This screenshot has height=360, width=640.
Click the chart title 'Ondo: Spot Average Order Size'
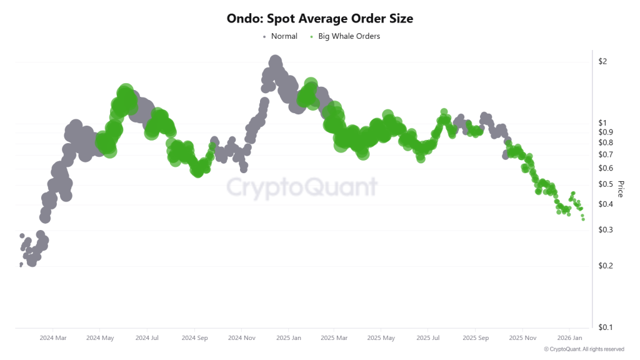click(319, 19)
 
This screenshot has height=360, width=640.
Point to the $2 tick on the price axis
click(603, 61)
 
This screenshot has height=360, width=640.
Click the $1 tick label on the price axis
click(603, 122)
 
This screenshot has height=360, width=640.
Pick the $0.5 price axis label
click(606, 184)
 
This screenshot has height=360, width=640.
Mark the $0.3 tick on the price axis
click(606, 230)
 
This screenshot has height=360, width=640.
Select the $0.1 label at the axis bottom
click(606, 327)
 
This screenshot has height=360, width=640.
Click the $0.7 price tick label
click(606, 154)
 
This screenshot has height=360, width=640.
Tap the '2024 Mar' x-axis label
click(52, 338)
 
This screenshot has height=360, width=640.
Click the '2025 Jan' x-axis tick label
click(287, 338)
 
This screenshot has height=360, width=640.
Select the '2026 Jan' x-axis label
click(569, 338)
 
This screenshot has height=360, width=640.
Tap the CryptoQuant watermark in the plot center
click(301, 187)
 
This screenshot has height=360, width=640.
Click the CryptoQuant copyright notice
click(584, 349)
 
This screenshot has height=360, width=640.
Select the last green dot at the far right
click(583, 219)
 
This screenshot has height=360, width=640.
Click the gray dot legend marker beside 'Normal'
click(264, 36)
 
